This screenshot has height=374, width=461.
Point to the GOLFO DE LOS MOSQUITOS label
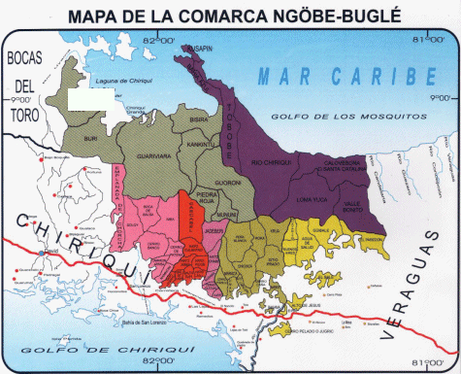364,116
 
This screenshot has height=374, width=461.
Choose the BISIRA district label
200,121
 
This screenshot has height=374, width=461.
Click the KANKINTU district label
201,144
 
